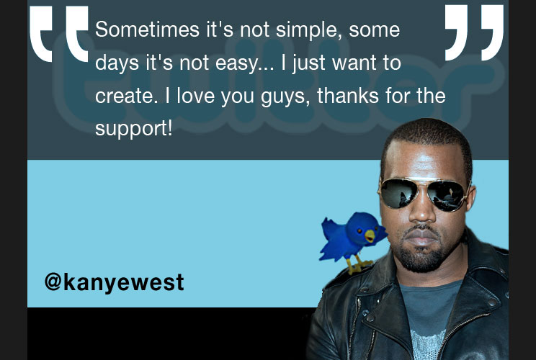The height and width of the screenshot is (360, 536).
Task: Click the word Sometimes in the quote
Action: tap(148, 30)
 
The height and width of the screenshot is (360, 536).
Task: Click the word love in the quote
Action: tap(195, 95)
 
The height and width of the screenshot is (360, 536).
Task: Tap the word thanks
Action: tap(348, 95)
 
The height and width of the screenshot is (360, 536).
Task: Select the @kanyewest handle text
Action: tap(114, 283)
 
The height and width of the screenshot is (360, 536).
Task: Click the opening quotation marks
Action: tap(59, 34)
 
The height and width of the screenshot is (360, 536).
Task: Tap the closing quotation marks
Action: tap(474, 32)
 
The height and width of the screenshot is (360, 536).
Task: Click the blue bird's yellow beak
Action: tap(370, 235)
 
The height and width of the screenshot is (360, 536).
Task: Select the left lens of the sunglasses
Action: tap(399, 194)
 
